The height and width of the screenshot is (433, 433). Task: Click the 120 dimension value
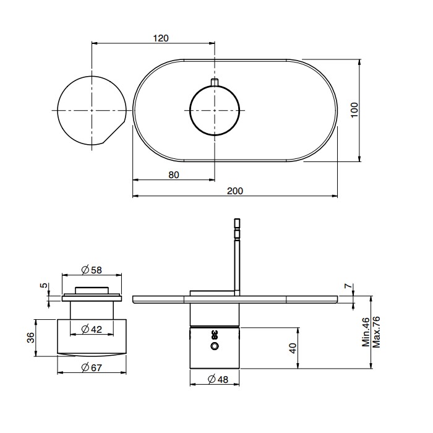(161, 38)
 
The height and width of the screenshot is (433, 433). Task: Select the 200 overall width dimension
(235, 191)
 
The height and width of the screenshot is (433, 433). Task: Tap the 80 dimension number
(174, 175)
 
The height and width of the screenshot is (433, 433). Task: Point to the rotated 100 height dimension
(354, 110)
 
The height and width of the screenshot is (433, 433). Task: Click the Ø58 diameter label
(92, 270)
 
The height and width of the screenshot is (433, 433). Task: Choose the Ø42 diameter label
(92, 329)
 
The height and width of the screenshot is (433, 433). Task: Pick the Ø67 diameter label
(92, 367)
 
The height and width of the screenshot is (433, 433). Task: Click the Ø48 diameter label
(218, 379)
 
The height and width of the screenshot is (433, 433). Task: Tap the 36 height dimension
(31, 338)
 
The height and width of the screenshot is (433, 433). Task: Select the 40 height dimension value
(293, 348)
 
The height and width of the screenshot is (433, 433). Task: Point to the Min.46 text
(366, 332)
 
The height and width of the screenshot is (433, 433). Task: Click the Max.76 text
(376, 332)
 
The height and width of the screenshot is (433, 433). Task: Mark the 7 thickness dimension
(349, 286)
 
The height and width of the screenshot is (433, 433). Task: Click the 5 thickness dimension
(44, 285)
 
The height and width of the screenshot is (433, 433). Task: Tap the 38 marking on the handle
(215, 335)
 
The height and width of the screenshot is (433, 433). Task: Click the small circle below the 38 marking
(215, 346)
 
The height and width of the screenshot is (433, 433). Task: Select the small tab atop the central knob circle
(215, 82)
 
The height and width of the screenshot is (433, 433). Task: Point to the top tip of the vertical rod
(237, 219)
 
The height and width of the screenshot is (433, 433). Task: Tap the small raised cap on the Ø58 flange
(92, 290)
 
